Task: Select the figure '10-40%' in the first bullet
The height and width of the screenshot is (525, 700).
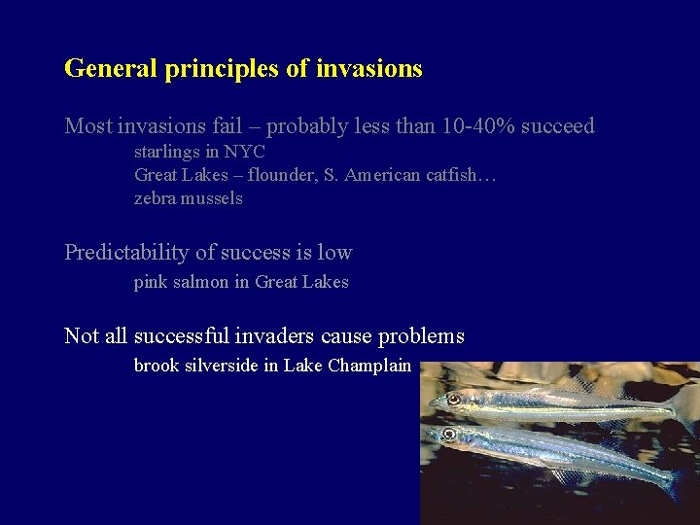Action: coord(473,126)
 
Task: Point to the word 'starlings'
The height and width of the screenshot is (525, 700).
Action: coord(164,153)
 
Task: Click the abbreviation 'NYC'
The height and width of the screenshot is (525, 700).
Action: coord(243,152)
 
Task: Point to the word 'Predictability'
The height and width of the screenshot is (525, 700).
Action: coord(126,253)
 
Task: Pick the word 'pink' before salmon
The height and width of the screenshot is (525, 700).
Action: coord(151,283)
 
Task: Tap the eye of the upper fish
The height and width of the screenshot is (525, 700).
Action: coord(454,399)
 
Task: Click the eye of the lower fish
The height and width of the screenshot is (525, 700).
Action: coord(449,434)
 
